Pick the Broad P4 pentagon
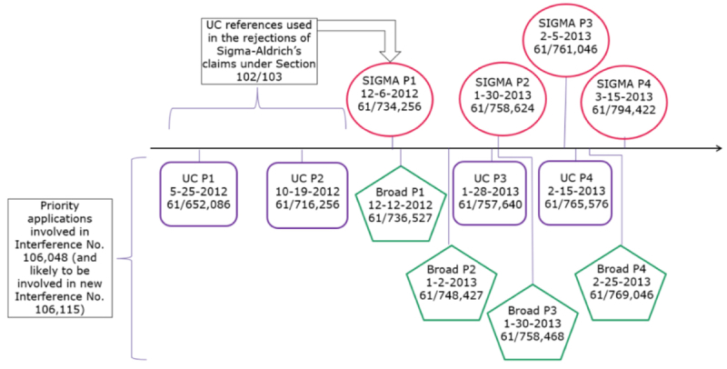tap(622, 284)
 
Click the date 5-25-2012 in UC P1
tap(197, 192)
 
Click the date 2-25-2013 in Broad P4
tap(622, 283)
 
